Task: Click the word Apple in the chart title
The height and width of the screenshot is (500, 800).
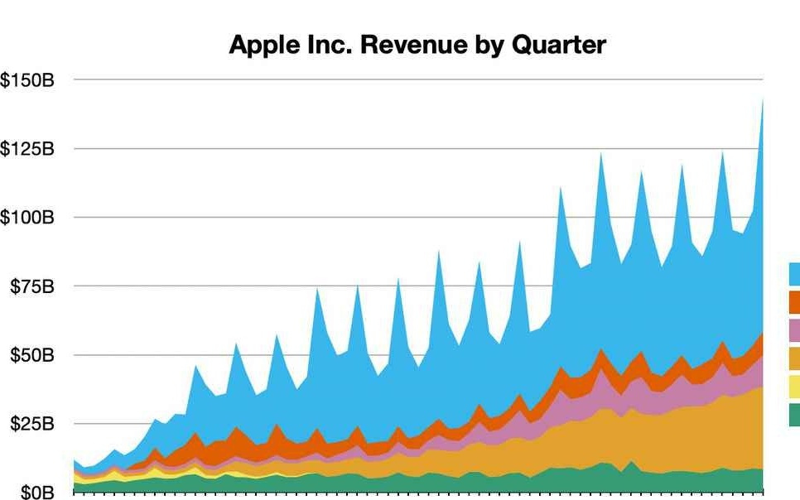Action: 264,45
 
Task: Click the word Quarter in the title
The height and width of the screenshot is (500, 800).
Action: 559,45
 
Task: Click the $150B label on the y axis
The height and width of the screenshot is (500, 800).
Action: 28,80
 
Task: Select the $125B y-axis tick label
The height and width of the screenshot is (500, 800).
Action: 28,149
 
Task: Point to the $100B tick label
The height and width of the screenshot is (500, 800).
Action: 28,218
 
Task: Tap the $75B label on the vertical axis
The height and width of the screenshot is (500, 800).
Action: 31,286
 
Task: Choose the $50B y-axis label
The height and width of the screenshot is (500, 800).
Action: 31,355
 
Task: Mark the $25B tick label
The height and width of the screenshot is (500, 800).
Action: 31,424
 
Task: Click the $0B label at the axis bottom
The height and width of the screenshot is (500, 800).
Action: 36,493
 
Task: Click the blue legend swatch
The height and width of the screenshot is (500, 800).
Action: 794,274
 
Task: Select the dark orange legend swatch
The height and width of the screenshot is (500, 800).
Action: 794,301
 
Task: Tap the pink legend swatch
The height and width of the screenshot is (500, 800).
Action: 794,330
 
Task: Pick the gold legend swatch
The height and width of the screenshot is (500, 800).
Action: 794,358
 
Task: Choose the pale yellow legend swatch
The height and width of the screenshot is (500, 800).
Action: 794,387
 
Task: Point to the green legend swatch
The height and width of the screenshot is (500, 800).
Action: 794,415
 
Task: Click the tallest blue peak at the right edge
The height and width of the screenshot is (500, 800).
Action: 762,103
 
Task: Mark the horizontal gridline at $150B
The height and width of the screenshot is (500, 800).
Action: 414,80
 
